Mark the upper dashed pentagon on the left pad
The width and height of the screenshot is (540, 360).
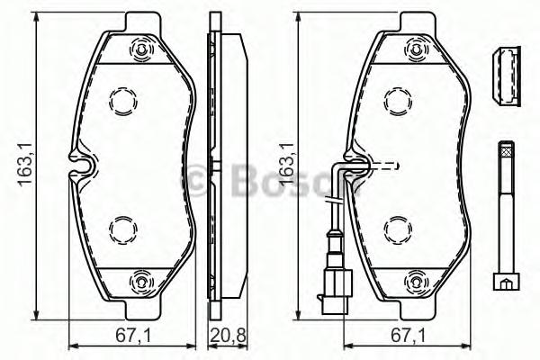[122, 100]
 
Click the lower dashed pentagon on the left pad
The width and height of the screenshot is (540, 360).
[122, 229]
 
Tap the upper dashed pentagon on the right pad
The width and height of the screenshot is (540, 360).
[397, 100]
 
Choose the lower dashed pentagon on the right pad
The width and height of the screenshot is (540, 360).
[397, 229]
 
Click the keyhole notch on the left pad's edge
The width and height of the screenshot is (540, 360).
[82, 166]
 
